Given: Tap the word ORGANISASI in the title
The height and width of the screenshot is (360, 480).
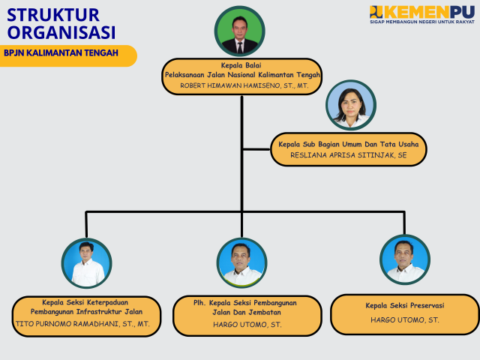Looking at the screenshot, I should click(61, 32).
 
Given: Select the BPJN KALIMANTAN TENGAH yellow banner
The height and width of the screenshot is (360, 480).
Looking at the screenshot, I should click(67, 55).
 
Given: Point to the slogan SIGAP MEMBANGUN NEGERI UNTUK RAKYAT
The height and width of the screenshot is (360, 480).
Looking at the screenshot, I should click(421, 22).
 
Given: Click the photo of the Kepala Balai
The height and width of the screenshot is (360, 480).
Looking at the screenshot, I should click(240, 31).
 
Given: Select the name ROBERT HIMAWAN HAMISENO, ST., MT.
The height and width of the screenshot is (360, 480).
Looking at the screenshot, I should click(244, 85).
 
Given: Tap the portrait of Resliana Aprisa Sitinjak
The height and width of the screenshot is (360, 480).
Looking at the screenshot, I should click(350, 105).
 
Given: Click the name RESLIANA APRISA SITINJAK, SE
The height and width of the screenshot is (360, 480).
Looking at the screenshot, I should click(349, 155).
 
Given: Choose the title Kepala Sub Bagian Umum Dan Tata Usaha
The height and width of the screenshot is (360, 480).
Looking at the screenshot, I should click(349, 143).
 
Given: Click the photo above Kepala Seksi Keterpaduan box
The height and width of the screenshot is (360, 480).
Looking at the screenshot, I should click(86, 262).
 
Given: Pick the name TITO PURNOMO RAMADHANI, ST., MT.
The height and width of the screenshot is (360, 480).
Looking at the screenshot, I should click(82, 324).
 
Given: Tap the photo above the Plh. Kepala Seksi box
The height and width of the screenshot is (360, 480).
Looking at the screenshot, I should click(241, 262).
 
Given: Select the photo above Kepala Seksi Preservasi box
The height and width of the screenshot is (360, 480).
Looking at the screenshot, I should click(405, 259).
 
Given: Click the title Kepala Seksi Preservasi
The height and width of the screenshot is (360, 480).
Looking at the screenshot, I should click(405, 305).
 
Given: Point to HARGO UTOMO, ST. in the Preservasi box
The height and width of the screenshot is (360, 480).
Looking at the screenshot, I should click(405, 319).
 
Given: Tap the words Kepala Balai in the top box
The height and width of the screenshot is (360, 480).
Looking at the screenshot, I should click(241, 65).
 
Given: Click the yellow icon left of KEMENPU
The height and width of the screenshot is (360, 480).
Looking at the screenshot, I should click(376, 11).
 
